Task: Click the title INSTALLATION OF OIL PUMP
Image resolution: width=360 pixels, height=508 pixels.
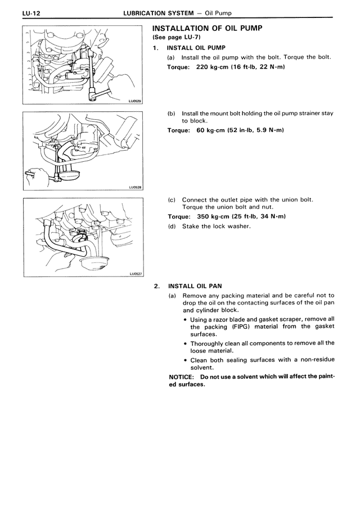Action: [208, 28]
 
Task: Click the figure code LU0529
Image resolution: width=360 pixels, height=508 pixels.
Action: [134, 101]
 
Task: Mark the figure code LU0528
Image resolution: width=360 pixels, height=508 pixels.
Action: [134, 188]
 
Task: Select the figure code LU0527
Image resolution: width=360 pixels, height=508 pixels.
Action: [134, 274]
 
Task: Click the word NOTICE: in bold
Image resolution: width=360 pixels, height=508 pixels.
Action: [183, 377]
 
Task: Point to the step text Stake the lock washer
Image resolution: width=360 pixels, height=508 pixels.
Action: [216, 226]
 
